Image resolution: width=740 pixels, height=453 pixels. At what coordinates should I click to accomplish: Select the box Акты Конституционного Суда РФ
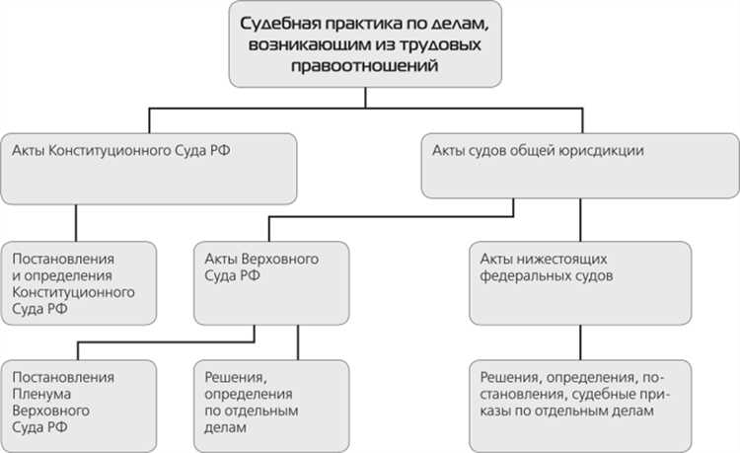click(x=149, y=167)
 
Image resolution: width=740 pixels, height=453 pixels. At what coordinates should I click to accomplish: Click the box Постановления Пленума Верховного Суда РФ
click(x=79, y=403)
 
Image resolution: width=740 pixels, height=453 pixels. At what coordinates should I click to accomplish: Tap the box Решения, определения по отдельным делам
click(x=269, y=403)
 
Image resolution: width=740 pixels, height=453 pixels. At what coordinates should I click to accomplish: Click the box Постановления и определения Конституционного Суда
click(x=79, y=282)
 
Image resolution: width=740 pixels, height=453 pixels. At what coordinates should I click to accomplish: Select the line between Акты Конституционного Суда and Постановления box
click(x=77, y=221)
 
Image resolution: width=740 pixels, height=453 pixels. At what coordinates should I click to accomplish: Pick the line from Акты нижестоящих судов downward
click(x=578, y=341)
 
